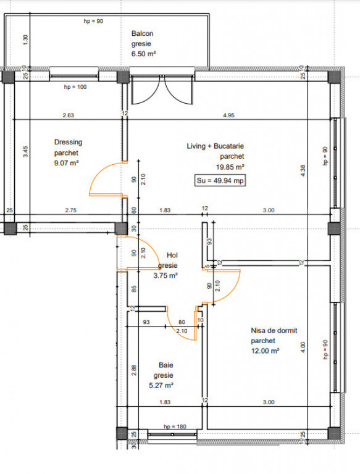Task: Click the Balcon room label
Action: pos(142,33)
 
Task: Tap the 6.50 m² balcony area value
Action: pos(143,54)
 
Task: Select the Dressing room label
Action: pos(68,142)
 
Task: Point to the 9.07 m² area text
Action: pos(66,163)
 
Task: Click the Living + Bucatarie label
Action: pos(215,146)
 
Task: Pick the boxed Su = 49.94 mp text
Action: pos(220,180)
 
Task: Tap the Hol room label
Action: pos(172,256)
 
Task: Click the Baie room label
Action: pos(166,365)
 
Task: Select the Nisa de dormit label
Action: pos(274,330)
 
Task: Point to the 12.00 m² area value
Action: pos(265,351)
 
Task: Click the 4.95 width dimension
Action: pos(228,115)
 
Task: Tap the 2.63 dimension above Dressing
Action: pos(69,115)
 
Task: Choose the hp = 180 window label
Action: pos(175,426)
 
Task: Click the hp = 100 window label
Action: pos(75,87)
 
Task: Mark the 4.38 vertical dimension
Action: pos(303,171)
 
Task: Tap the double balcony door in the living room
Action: pos(162,89)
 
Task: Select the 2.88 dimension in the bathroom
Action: pos(134,370)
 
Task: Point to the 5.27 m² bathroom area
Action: pos(161,385)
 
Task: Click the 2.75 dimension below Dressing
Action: pos(71,210)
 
